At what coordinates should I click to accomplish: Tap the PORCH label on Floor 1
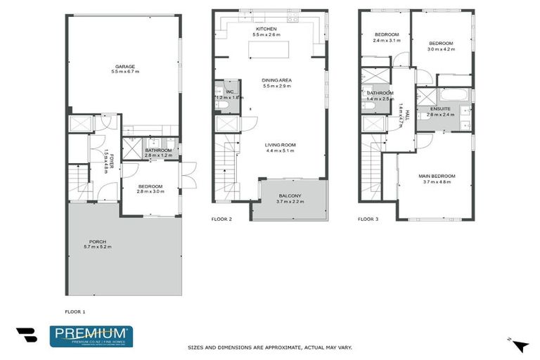(x=98, y=242)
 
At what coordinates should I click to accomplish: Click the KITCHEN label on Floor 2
(x=266, y=28)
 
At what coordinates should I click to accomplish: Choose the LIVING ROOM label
(x=281, y=145)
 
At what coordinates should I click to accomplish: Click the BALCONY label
(x=290, y=195)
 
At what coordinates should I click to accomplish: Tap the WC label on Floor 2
(x=229, y=91)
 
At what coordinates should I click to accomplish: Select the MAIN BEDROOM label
(x=437, y=176)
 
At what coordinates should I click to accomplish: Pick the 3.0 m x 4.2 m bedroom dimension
(x=442, y=50)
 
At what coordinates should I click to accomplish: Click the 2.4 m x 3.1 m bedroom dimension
(x=387, y=41)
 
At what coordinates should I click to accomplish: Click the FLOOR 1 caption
(x=75, y=311)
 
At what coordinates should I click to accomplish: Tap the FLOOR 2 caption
(x=221, y=219)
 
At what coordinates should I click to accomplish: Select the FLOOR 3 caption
(x=368, y=219)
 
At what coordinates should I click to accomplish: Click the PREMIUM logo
(x=91, y=336)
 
